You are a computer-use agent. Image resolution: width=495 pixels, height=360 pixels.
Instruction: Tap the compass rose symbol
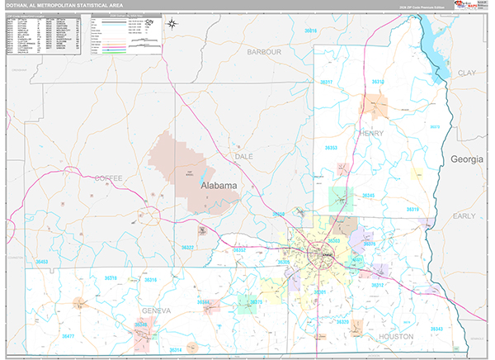point(171,23)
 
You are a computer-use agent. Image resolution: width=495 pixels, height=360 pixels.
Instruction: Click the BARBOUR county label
point(264,51)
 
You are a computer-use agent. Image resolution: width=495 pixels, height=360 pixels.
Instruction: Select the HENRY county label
point(370,132)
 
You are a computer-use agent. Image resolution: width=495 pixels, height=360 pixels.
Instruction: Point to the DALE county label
point(243,155)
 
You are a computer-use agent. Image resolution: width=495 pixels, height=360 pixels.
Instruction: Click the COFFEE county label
point(107,178)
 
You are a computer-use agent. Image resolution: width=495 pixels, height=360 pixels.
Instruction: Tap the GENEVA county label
point(155,310)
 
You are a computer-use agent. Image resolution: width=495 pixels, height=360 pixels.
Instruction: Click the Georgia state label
point(464,159)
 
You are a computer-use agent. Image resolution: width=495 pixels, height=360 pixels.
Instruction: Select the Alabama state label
point(219,186)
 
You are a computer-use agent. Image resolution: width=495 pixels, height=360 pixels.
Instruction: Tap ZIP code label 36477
point(68,336)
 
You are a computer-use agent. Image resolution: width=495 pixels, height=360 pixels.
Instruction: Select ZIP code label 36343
point(436,329)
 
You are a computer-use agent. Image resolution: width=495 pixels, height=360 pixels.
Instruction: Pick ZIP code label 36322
point(188,248)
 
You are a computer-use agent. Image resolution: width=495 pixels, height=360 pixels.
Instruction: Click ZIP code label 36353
point(330,148)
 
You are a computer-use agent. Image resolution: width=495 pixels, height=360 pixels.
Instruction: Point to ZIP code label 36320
point(342,321)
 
